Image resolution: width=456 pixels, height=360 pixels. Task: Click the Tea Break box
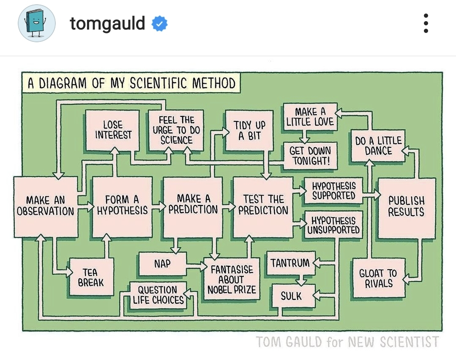[x=91, y=277]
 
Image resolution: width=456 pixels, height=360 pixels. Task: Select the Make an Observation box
[x=45, y=206]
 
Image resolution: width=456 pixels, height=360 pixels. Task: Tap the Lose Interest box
[x=113, y=130]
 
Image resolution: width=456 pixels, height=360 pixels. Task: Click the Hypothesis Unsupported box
[x=333, y=225]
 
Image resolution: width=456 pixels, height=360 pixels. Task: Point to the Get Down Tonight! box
[x=310, y=155]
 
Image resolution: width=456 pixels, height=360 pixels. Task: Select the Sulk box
[x=291, y=296]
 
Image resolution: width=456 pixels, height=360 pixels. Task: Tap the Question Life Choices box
[x=158, y=295]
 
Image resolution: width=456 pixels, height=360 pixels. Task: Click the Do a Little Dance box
[x=379, y=146]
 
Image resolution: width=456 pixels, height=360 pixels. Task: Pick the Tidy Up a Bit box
[x=249, y=130]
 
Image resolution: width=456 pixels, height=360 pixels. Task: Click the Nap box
[x=162, y=264]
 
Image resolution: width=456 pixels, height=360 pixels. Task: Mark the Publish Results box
[x=406, y=207]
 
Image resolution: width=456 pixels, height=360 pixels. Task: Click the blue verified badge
[x=160, y=24]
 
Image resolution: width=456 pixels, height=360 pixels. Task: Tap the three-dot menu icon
[x=426, y=23]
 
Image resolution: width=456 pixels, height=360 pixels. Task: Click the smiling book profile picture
[x=37, y=23]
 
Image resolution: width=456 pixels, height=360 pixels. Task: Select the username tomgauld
[x=107, y=24]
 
